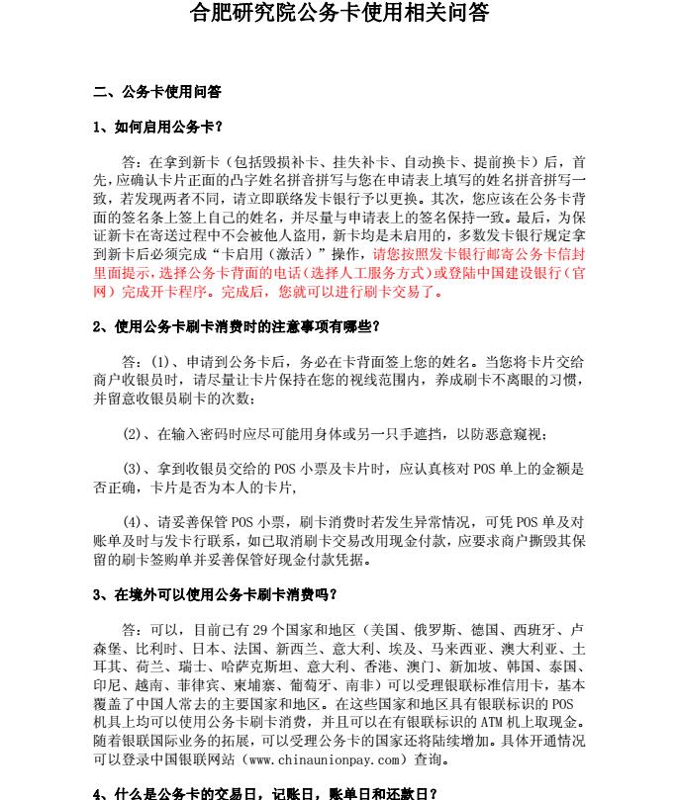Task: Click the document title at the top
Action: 338,15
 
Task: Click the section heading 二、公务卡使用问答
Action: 156,92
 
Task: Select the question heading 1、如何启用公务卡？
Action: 157,127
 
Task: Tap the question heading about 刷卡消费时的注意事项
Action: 237,326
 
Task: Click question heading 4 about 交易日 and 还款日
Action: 264,793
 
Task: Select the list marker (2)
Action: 134,434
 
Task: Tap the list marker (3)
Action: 134,469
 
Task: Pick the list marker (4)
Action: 134,522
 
